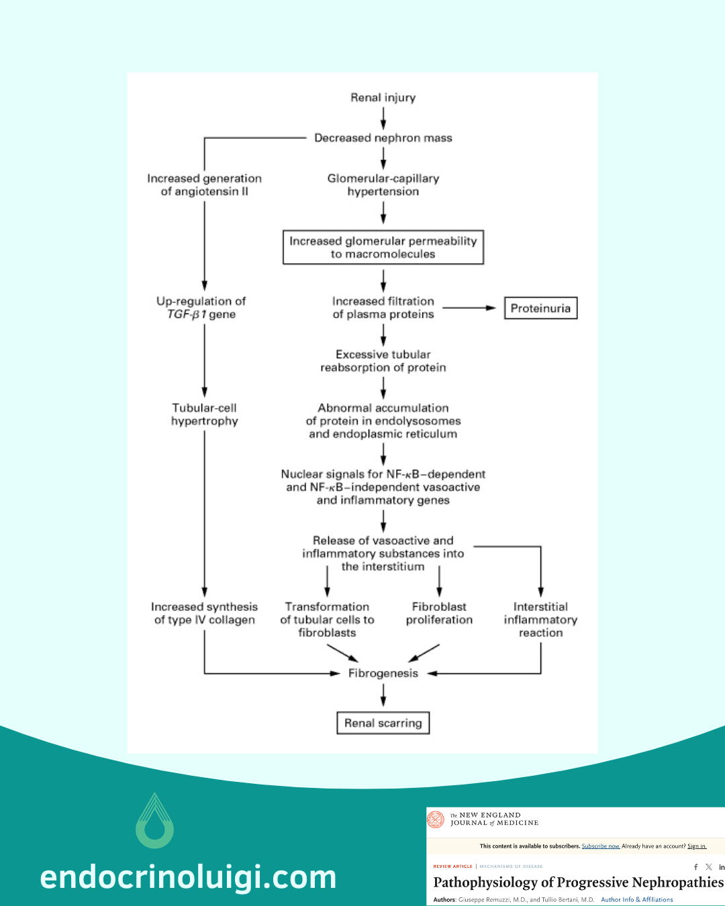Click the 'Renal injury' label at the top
383,98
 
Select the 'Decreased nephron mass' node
383,138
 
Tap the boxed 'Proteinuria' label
540,309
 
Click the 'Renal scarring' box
383,723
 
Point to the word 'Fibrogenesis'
383,673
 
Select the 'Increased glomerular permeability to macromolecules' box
383,248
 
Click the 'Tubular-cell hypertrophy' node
205,415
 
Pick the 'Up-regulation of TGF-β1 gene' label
201,308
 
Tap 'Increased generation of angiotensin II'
205,185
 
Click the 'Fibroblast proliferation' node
439,613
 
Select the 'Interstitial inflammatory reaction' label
540,619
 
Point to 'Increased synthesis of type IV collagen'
205,613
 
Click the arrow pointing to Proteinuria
469,308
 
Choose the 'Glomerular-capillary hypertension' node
383,185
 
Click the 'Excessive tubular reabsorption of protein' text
383,361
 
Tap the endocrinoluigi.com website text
188,877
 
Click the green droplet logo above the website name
155,821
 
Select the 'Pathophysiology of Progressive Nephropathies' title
578,883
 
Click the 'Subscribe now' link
600,846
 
